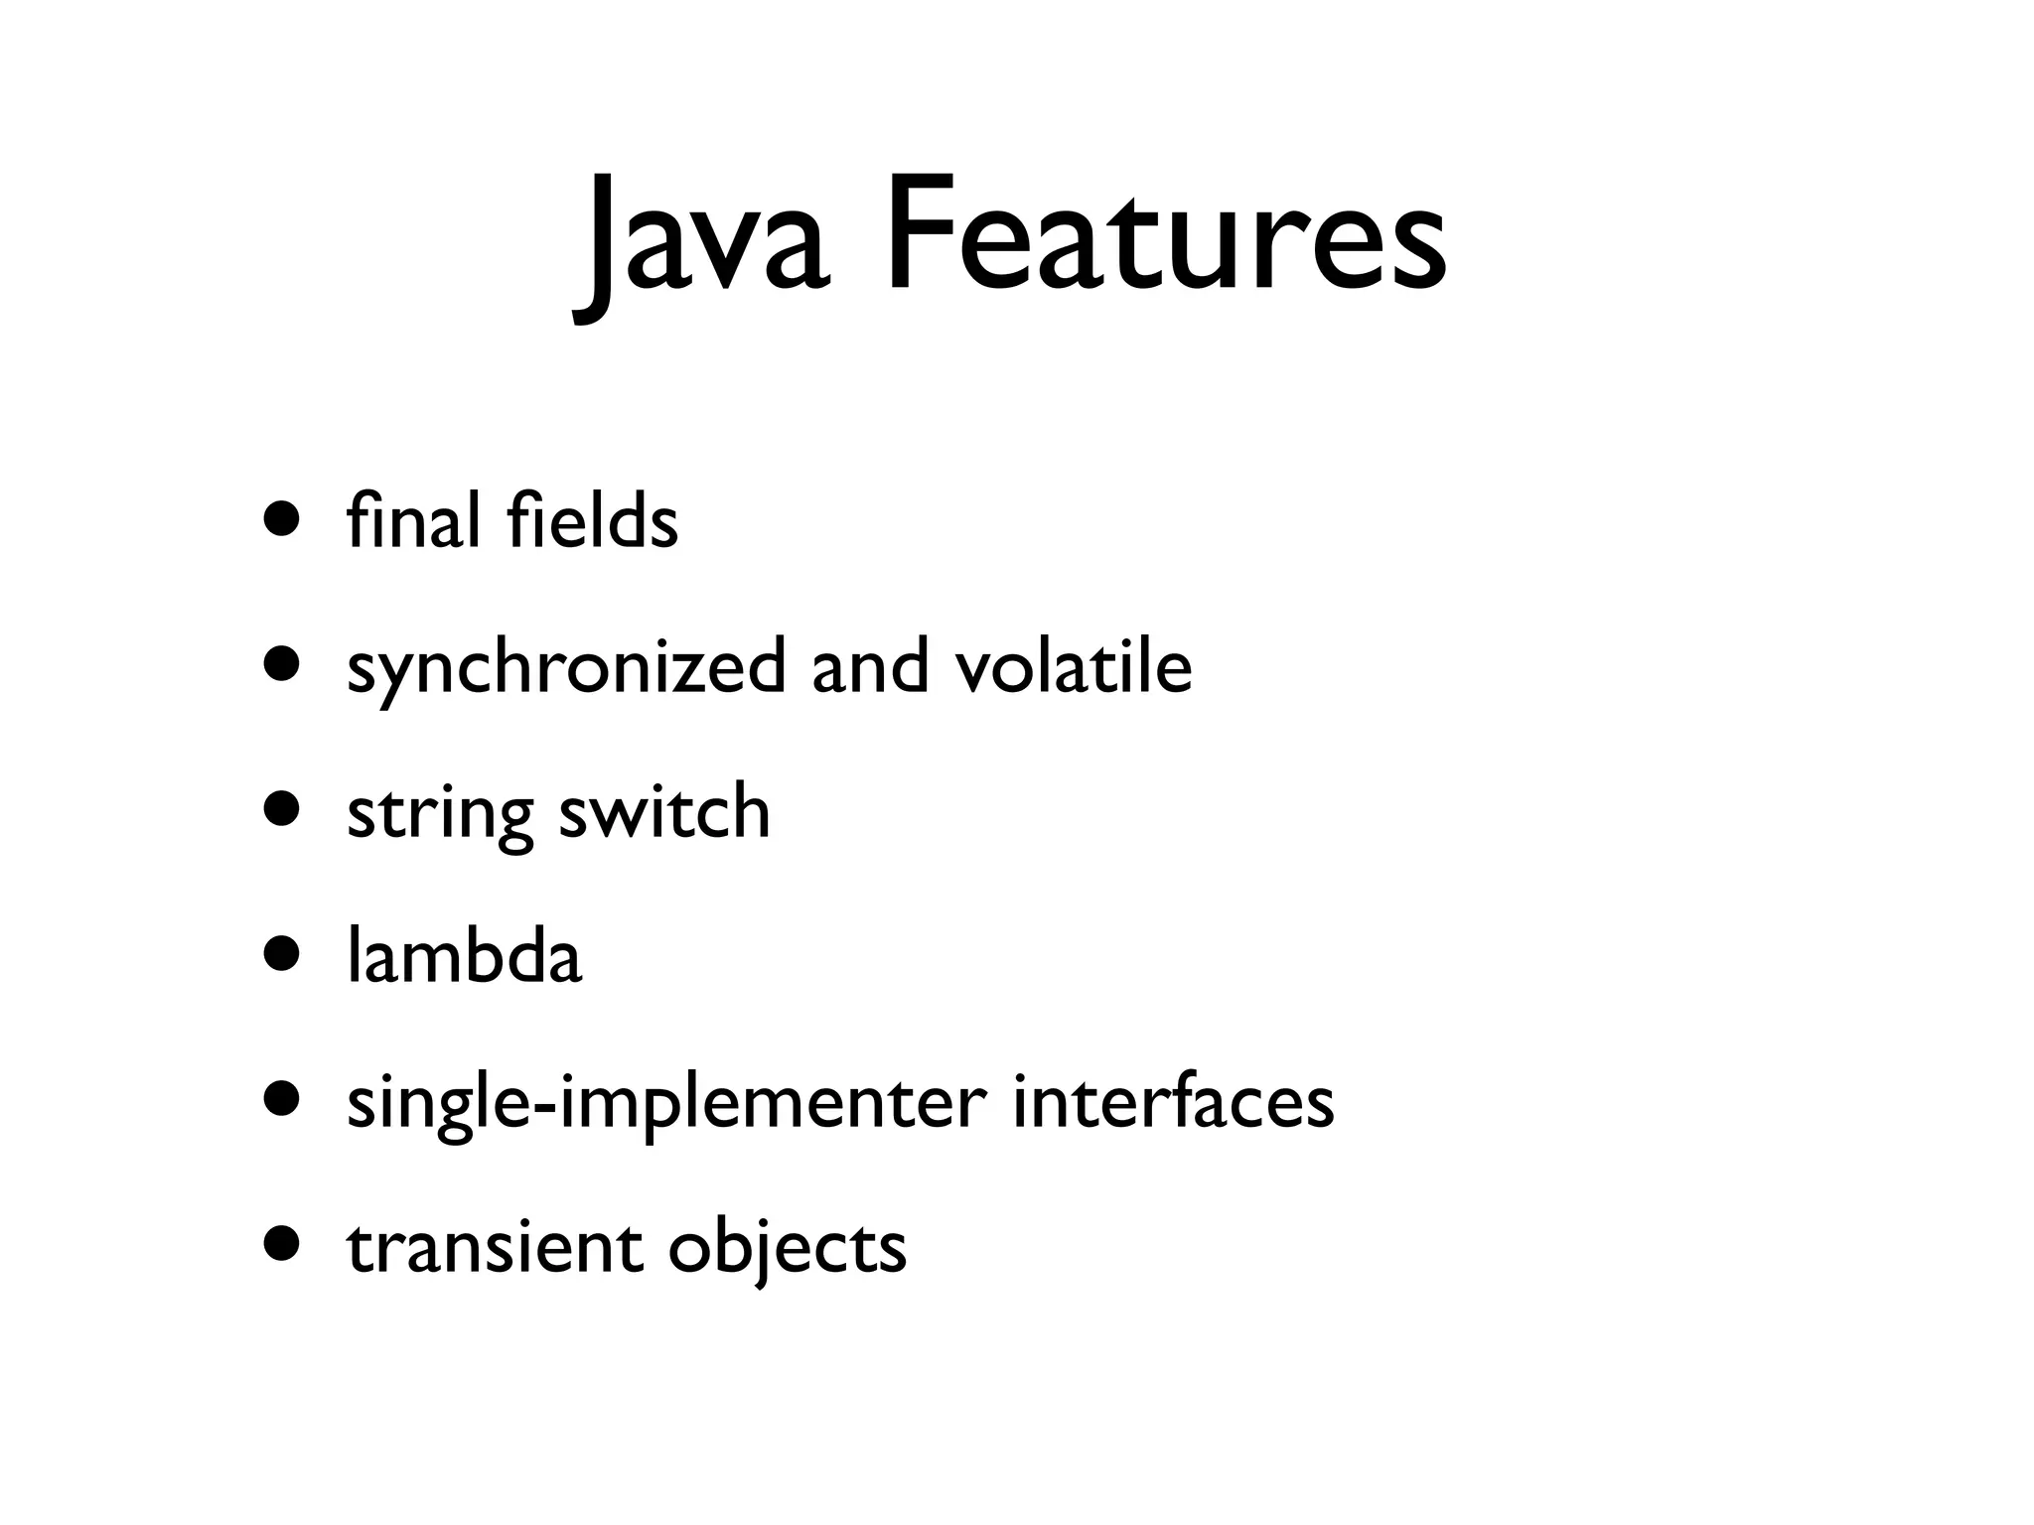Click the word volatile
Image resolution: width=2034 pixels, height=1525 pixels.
[1073, 665]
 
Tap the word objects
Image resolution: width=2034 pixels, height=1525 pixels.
[787, 1249]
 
